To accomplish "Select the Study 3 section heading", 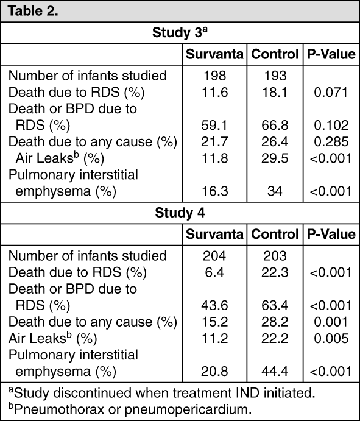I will [180, 32].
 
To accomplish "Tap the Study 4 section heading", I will [180, 213].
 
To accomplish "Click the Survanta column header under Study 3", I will [216, 54].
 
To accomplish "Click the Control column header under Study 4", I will [275, 235].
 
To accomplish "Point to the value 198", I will [216, 76].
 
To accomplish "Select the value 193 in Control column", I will [275, 76].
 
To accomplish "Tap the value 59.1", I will [216, 126].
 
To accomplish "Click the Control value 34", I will [275, 192].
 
